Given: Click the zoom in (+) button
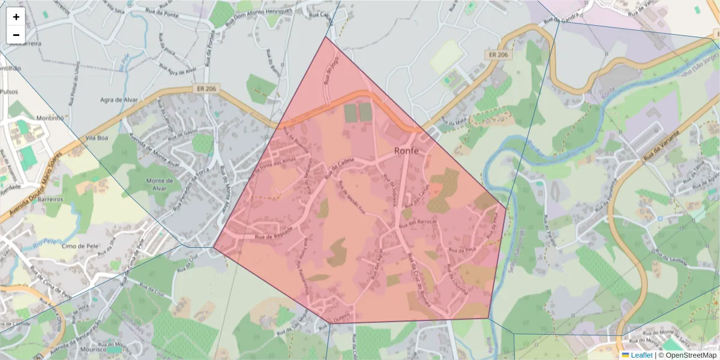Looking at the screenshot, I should click(x=16, y=17).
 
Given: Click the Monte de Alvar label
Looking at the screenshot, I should click(x=160, y=184).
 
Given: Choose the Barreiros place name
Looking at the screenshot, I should click(x=50, y=198).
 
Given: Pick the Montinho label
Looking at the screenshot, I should click(x=50, y=118).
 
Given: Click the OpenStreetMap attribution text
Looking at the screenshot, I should click(x=691, y=355).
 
